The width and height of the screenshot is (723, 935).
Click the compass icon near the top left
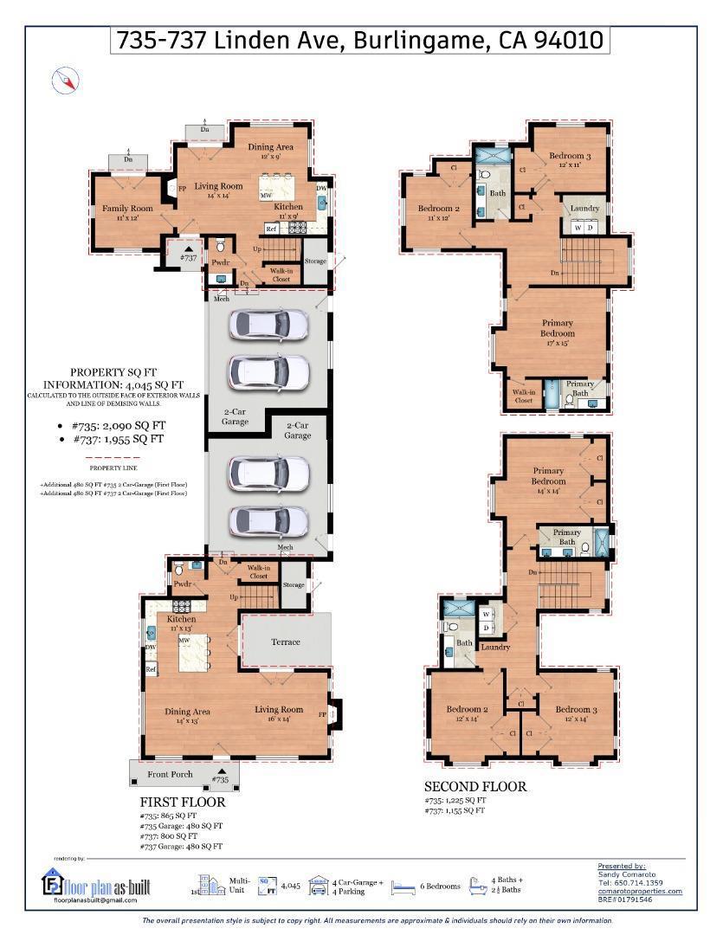(66, 81)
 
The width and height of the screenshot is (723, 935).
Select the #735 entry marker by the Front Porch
(221, 776)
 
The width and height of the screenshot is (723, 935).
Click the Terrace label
(285, 642)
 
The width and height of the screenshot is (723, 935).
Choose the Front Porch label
(170, 774)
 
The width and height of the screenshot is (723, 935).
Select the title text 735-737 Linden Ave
(360, 41)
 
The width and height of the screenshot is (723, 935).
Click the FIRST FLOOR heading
(183, 803)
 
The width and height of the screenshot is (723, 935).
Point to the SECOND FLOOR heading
(474, 787)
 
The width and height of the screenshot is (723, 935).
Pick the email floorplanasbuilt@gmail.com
(95, 900)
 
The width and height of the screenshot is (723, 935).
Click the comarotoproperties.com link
(639, 891)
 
